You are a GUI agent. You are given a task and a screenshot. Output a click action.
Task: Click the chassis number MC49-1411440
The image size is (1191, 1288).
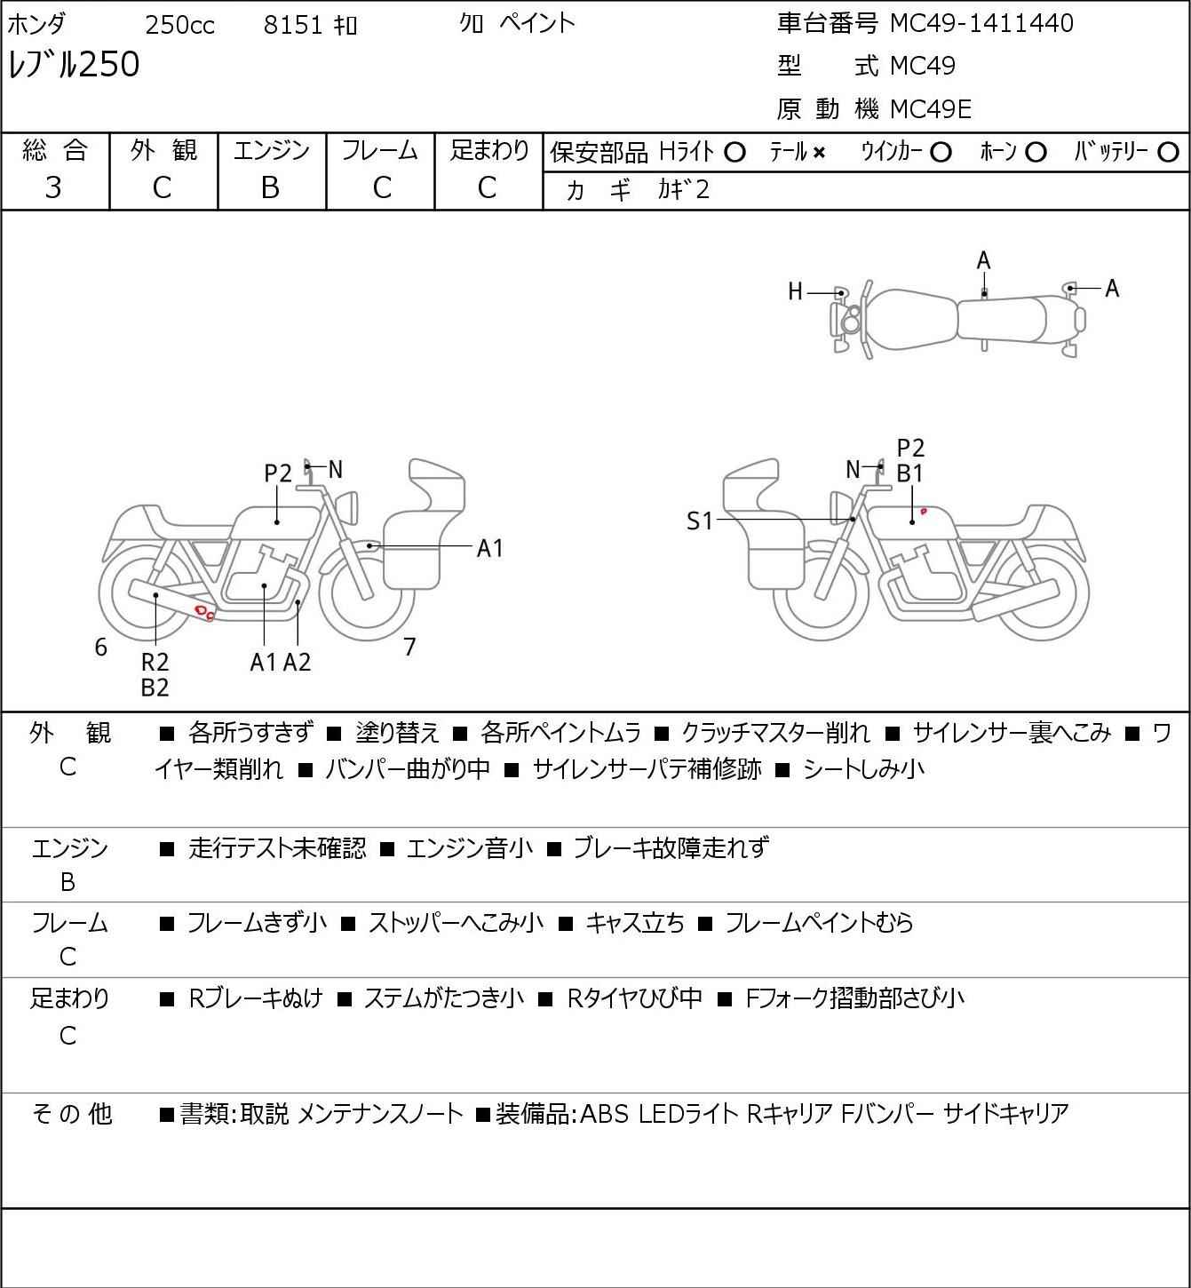981,23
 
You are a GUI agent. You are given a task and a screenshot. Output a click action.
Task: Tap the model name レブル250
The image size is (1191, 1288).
74,64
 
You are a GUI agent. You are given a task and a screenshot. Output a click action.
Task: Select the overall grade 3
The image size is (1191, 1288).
53,188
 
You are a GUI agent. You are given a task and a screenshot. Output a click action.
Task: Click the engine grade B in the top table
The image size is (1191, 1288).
270,188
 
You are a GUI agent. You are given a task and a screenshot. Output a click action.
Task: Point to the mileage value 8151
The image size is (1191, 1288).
292,25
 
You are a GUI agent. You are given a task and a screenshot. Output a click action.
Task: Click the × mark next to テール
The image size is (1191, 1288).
819,153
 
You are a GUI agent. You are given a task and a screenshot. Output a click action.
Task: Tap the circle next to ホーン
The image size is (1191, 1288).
1036,153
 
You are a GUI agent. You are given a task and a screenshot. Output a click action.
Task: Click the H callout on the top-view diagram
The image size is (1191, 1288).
795,292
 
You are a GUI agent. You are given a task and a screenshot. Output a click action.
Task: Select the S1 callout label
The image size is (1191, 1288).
699,521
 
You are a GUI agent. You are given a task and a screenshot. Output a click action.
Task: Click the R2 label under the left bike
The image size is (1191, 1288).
155,662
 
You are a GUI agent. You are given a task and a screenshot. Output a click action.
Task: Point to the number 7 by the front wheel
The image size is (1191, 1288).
409,647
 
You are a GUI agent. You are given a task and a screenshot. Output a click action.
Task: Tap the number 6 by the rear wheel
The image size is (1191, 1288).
100,647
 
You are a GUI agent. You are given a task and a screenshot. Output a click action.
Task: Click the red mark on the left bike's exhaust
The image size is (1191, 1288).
205,611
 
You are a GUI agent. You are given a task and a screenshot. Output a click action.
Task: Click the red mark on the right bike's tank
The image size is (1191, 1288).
924,512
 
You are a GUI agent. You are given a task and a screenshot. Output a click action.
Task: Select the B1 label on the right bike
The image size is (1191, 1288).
909,474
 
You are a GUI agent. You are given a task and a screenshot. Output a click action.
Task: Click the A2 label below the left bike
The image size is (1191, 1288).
298,662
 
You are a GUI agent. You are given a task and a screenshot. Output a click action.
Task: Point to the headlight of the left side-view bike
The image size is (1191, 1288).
347,506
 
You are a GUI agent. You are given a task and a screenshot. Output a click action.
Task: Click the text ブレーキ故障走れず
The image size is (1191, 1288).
671,847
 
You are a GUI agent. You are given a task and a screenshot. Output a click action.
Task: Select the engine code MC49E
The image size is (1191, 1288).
931,109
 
